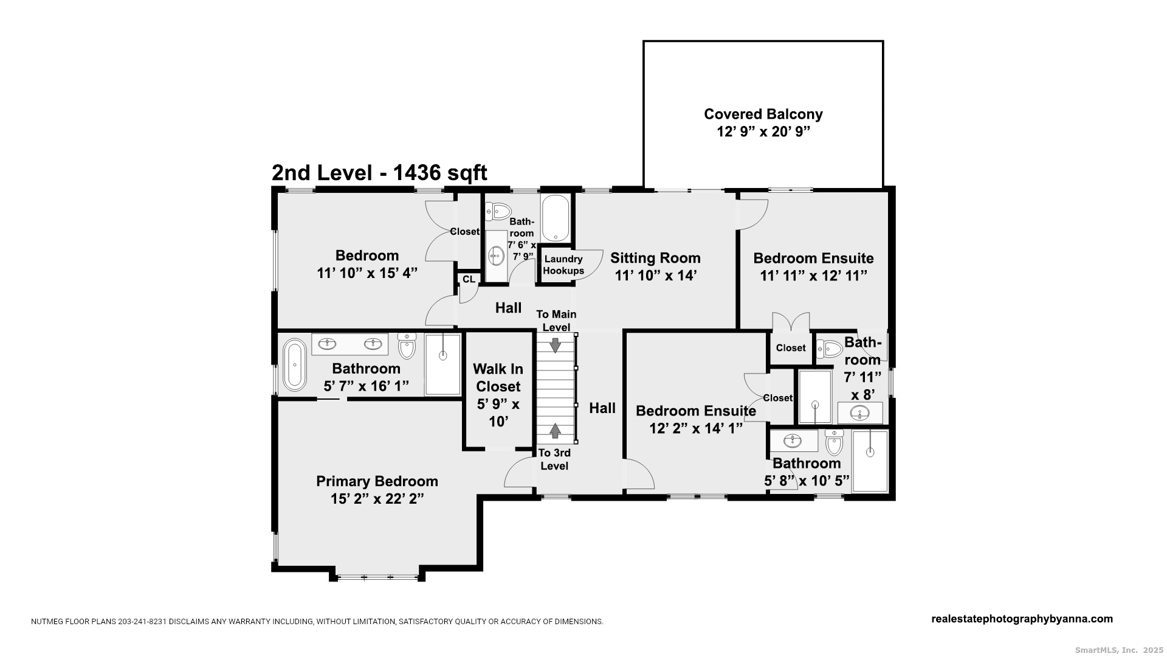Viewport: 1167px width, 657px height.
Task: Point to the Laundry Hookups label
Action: (563, 265)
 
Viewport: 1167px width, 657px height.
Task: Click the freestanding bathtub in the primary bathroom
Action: (295, 364)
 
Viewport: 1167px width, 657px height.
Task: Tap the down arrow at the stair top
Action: (555, 345)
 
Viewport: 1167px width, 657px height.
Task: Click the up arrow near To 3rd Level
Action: (555, 431)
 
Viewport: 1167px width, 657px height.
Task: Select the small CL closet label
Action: (469, 279)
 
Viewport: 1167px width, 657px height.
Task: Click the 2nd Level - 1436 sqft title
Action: (379, 173)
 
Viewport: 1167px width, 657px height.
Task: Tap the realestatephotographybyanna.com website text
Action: (1022, 619)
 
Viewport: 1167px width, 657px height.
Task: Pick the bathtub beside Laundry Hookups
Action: (556, 218)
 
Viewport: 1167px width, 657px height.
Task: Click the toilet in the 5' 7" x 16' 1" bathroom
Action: (407, 346)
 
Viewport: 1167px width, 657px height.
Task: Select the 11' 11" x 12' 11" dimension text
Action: (813, 276)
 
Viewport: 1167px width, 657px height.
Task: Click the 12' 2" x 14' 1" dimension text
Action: (696, 428)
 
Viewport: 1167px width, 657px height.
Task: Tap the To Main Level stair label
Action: (556, 321)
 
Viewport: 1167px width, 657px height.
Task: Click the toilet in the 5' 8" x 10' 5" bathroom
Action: (835, 442)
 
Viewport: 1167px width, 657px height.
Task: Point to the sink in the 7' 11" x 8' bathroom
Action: (859, 413)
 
